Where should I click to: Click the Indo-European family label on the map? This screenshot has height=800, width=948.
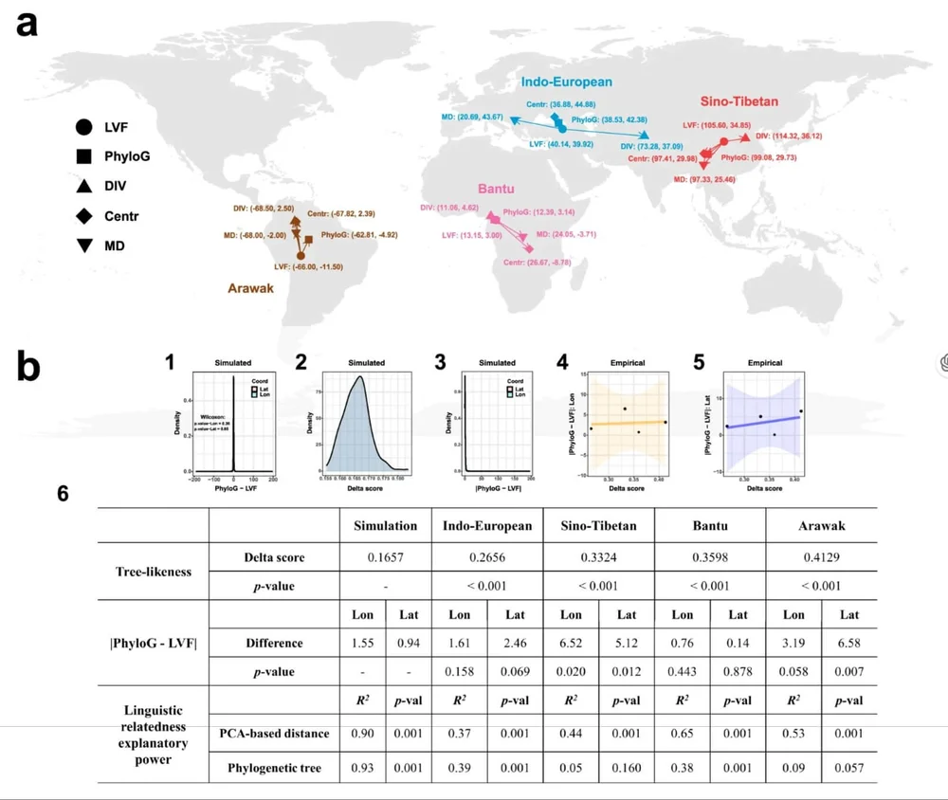[x=567, y=82]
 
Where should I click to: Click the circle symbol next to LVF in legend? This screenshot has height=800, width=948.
[x=84, y=126]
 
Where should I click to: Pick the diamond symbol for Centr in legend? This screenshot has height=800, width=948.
[x=84, y=216]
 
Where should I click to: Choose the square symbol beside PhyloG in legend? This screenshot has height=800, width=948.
[x=84, y=156]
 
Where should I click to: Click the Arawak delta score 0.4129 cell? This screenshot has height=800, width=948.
[x=821, y=557]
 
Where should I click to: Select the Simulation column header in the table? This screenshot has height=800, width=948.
[x=385, y=526]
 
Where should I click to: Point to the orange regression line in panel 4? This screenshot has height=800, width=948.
[x=627, y=423]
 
